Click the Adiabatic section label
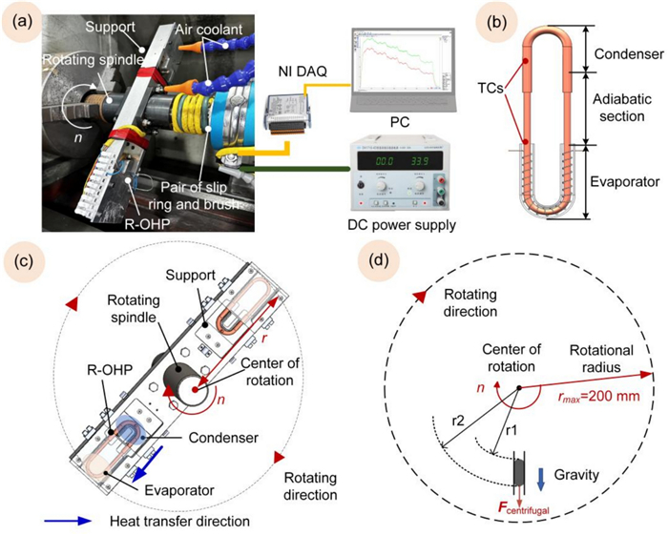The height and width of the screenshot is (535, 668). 620,107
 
